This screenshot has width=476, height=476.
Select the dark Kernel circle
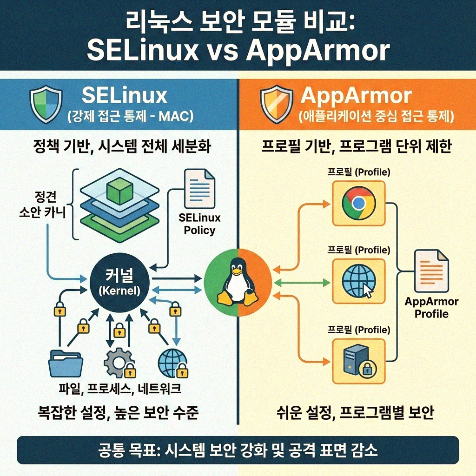(x=120, y=283)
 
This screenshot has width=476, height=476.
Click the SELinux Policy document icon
(x=200, y=191)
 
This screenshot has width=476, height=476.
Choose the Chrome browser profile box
(x=359, y=203)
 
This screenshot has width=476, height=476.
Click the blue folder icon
(x=66, y=363)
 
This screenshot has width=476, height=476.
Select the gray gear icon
(x=119, y=363)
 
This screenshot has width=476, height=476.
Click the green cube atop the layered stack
(x=120, y=192)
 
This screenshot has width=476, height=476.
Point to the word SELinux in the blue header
(x=124, y=95)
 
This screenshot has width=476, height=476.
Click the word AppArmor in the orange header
(x=356, y=95)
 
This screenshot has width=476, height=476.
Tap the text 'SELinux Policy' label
(x=199, y=224)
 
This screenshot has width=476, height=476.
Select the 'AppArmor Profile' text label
(x=431, y=307)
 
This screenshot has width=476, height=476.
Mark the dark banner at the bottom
(x=238, y=450)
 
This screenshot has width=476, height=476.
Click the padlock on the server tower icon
(x=367, y=370)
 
